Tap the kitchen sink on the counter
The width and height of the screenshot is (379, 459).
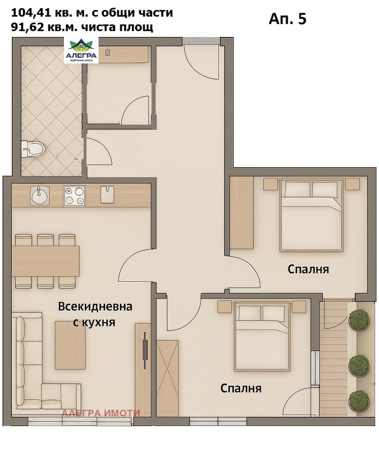[x=39, y=195]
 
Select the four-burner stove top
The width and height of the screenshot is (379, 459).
[x=74, y=196]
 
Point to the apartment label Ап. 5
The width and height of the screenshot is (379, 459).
[x=287, y=18]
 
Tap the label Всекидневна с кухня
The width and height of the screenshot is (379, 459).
[x=95, y=314]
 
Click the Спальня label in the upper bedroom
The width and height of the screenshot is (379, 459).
[x=308, y=270]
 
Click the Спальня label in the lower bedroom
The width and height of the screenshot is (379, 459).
[x=241, y=388]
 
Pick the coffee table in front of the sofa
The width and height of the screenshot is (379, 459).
[x=70, y=344]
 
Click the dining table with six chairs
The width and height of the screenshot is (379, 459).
[x=45, y=261]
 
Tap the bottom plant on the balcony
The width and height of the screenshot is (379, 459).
[x=359, y=401]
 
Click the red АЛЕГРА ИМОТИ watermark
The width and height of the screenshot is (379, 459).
[x=101, y=413]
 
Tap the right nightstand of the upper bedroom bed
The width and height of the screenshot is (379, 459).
[x=353, y=183]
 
